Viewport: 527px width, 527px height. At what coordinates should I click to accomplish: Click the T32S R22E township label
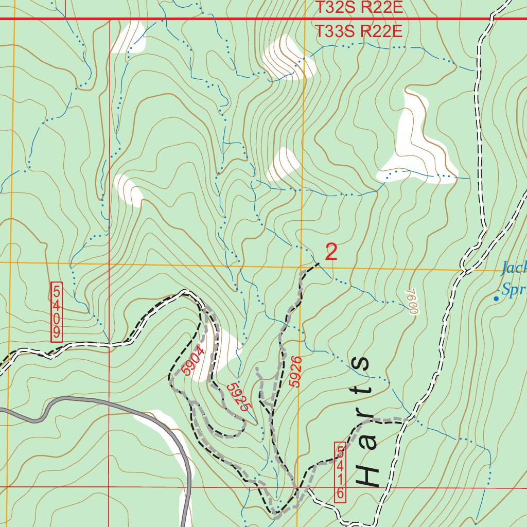click(358, 8)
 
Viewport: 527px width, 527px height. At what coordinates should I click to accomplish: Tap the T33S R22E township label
click(358, 31)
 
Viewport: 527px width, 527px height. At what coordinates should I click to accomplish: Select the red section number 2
click(331, 252)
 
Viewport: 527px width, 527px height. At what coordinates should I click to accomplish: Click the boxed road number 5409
click(57, 312)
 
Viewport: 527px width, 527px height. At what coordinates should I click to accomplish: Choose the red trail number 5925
click(238, 396)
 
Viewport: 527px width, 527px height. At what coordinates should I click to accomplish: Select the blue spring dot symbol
click(496, 298)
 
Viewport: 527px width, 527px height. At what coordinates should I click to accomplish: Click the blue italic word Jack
click(514, 268)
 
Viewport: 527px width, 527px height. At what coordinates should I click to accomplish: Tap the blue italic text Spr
click(513, 291)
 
